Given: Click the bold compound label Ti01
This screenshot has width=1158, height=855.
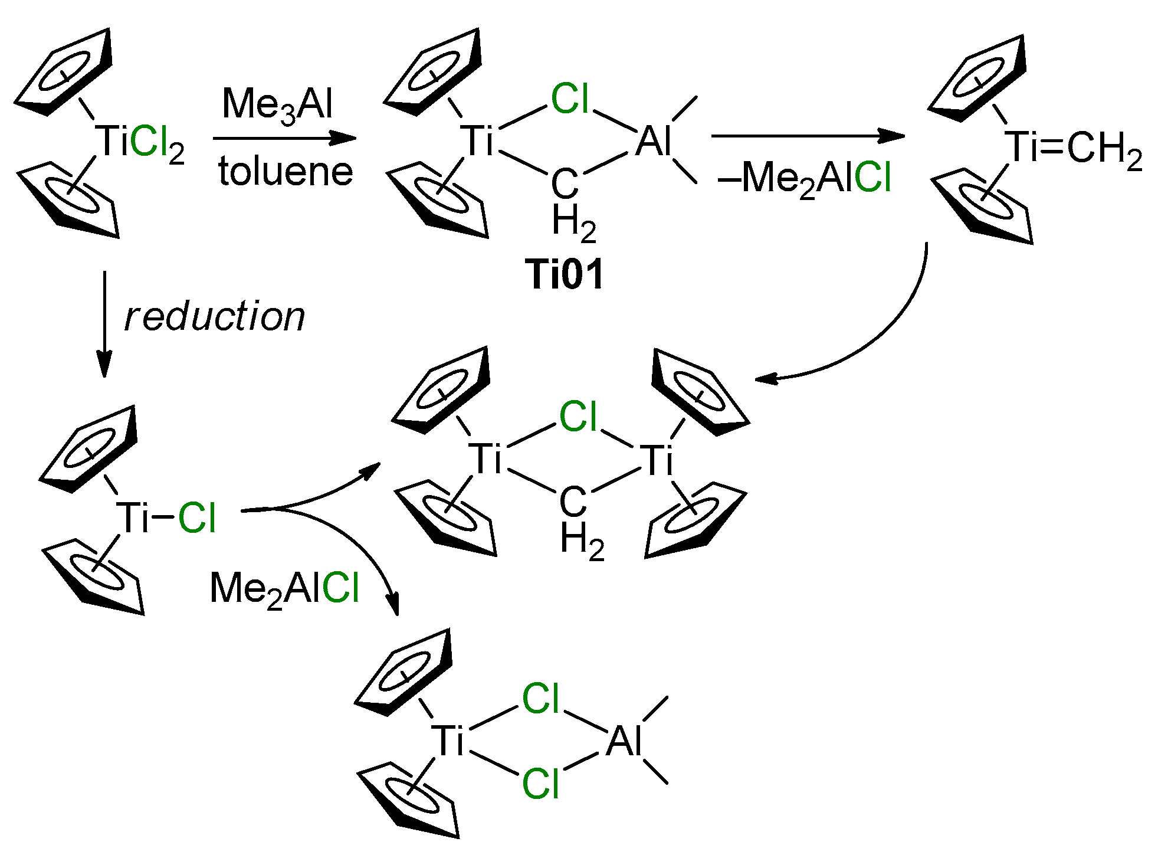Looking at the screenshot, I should click(x=565, y=275).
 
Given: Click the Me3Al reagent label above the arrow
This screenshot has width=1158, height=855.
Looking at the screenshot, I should click(x=277, y=105).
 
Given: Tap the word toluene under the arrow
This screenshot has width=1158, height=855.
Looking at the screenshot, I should click(x=286, y=172).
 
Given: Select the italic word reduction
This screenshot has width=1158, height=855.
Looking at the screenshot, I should click(x=215, y=317).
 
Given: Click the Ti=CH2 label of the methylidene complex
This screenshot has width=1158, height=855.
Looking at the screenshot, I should click(x=1074, y=148).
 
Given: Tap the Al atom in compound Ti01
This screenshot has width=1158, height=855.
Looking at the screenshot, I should click(x=653, y=142).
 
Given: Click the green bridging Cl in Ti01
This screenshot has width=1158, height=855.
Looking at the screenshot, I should click(x=570, y=99).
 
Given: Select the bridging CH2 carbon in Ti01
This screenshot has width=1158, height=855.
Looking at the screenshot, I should click(x=565, y=184).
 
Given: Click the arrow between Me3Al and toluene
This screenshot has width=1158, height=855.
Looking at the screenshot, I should click(x=285, y=139).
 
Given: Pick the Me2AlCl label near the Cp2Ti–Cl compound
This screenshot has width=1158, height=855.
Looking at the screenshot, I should click(x=284, y=589).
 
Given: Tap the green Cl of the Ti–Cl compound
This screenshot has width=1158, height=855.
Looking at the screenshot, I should click(x=197, y=519).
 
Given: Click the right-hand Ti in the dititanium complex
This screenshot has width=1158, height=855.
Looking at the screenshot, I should click(x=658, y=461).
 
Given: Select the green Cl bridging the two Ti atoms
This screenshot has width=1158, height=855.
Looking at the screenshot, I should click(x=578, y=417).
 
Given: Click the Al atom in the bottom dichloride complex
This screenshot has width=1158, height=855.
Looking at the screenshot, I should click(x=623, y=741).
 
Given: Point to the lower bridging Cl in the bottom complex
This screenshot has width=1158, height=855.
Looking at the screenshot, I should click(x=540, y=784).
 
